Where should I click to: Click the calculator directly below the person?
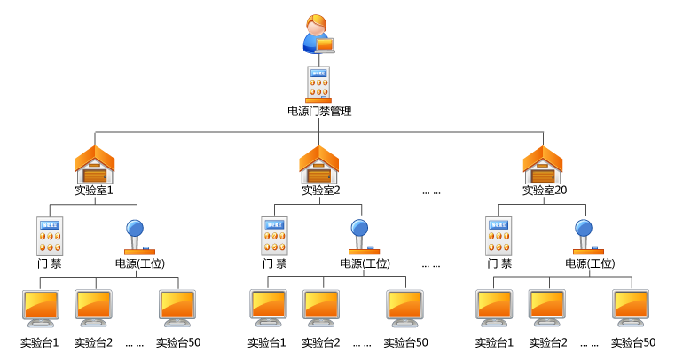(x=318, y=84)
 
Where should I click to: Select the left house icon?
(x=95, y=165)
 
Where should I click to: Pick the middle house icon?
(x=319, y=165)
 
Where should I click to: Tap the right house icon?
(x=543, y=165)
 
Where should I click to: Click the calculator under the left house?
(x=50, y=236)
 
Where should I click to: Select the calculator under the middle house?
(x=274, y=236)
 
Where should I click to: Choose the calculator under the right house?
(x=498, y=236)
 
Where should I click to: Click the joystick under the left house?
(x=137, y=238)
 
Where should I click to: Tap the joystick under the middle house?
(x=362, y=238)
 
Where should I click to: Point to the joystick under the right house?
(x=586, y=238)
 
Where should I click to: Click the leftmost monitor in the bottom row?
(x=41, y=308)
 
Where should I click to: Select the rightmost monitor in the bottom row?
(x=631, y=308)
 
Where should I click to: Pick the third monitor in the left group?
(x=177, y=308)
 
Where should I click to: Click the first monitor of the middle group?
(x=268, y=308)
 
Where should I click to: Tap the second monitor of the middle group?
(x=321, y=308)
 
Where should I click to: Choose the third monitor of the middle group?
(x=404, y=308)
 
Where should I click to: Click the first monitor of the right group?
(x=494, y=308)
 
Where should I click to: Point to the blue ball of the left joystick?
(x=135, y=227)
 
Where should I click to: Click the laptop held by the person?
(x=325, y=44)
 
